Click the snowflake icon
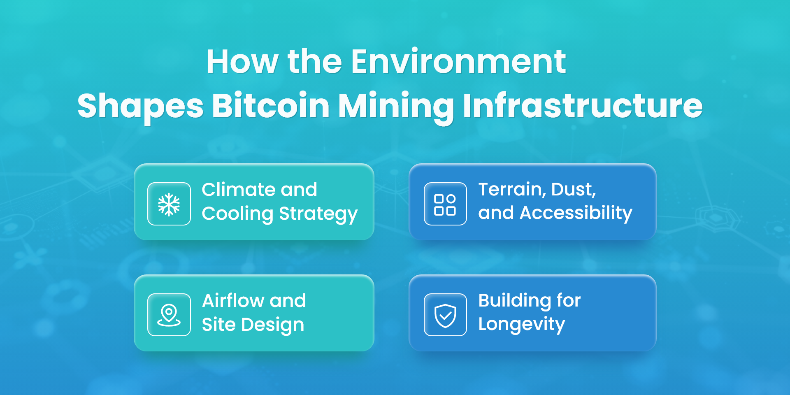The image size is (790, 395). (169, 204)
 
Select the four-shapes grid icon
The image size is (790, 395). (445, 204)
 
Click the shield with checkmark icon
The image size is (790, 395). (445, 316)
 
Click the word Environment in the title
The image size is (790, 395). (458, 62)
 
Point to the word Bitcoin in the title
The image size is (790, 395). (271, 106)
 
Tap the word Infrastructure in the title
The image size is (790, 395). (583, 106)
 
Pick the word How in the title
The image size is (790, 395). (242, 62)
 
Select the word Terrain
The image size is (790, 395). (512, 190)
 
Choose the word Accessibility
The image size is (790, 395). (576, 214)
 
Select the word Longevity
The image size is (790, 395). (522, 325)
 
